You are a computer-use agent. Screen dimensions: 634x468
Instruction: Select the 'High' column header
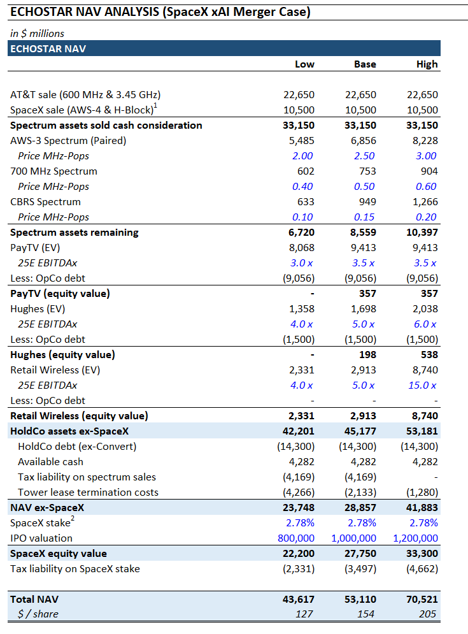427,64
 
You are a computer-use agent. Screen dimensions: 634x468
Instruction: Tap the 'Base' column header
365,64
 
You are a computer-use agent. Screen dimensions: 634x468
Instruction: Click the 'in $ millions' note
37,33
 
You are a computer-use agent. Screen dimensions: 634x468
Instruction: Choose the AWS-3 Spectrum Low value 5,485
299,141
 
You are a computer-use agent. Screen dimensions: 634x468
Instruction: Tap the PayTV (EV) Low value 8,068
299,248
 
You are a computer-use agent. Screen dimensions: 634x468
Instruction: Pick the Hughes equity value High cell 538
429,355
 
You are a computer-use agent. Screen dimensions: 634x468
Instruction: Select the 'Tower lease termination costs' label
88,493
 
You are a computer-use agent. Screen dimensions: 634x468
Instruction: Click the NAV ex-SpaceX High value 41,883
421,508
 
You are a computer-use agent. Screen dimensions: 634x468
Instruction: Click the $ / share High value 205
429,614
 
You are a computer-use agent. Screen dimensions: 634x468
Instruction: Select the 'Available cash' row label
50,462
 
